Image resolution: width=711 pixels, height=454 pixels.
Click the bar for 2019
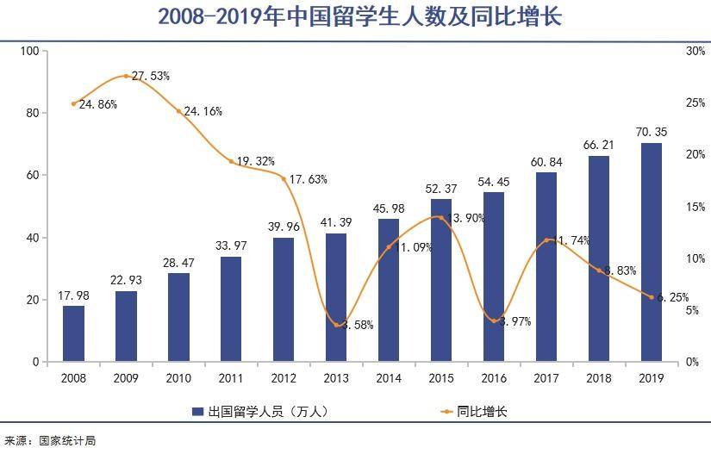652,252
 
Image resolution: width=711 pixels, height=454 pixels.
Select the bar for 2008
74,333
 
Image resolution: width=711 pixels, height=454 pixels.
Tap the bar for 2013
336,297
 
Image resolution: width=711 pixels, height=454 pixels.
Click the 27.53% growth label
151,76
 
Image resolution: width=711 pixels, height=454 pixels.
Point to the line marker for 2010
179,111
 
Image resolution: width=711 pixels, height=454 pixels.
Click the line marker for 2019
652,297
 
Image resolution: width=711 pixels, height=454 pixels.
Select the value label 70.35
652,132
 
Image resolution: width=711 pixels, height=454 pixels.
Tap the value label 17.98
74,295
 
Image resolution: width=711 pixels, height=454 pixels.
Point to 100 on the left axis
29,51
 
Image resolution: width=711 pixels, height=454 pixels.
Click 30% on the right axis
671,51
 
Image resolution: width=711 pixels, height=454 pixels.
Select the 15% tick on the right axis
671,207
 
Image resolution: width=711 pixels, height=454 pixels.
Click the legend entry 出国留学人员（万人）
264,412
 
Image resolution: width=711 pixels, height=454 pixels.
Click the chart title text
355,17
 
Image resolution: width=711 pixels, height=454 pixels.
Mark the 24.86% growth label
97,104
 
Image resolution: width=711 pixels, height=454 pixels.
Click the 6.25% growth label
672,297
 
